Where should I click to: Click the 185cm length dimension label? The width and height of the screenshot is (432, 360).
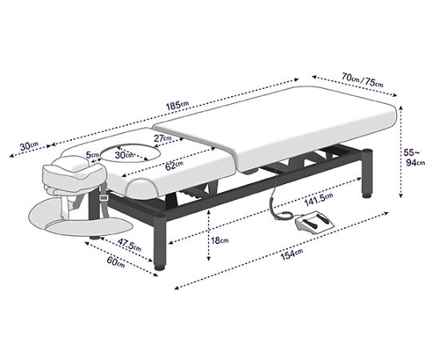coord(178,106)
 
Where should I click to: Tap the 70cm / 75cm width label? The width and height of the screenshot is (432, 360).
coord(362,79)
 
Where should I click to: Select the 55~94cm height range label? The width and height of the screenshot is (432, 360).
coord(414,157)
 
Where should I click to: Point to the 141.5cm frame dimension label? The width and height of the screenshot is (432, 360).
coord(318,199)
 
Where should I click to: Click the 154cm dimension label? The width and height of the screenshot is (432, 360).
coord(291,254)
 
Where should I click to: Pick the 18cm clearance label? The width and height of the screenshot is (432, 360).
coord(219,241)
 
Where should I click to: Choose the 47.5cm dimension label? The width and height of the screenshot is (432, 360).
coord(130,245)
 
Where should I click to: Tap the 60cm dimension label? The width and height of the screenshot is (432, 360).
coord(116,262)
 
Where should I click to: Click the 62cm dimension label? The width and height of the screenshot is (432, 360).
coord(174,166)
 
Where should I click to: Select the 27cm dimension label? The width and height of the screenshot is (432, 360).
coord(162,138)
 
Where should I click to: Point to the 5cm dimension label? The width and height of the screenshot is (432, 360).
coord(93,154)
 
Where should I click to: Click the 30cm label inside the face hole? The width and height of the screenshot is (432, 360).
coord(124,154)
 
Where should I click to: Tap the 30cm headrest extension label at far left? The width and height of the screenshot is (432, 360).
coord(30,146)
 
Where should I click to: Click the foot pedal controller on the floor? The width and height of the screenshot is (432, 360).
coord(314,222)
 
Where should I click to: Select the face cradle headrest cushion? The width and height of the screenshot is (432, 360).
coord(74,174)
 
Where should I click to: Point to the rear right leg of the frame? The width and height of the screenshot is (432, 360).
coord(367,174)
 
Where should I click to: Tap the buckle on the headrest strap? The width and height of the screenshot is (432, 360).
coord(104,198)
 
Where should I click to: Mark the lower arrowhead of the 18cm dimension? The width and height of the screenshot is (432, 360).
coord(209,258)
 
